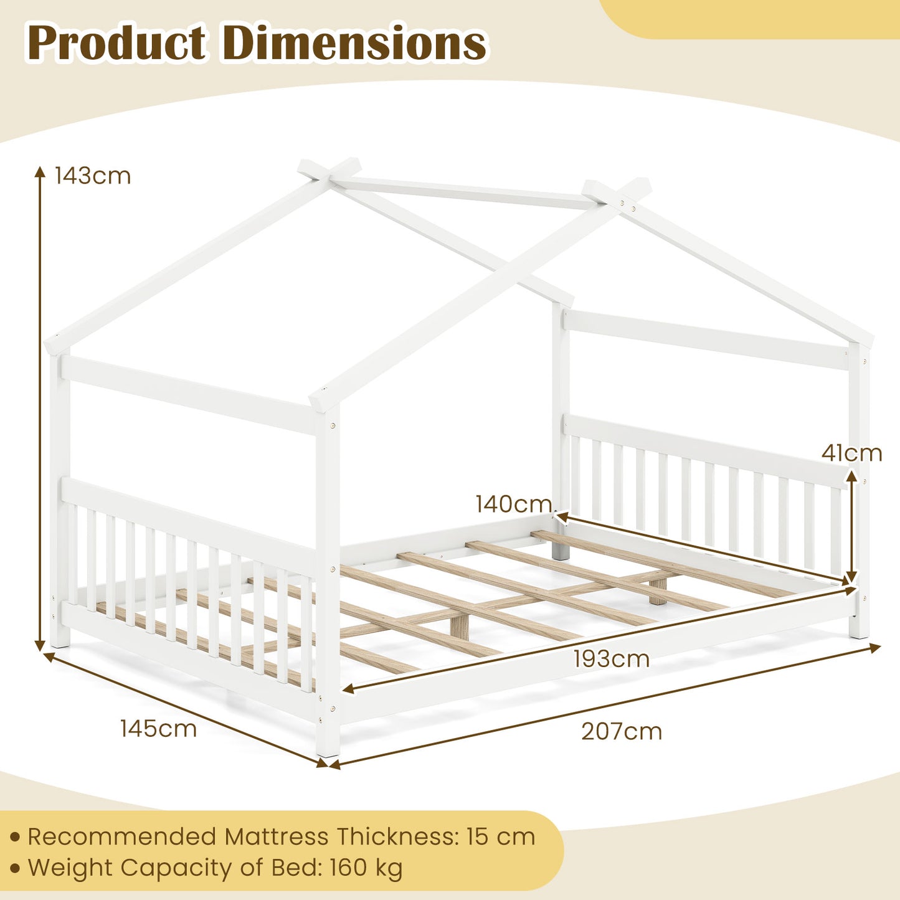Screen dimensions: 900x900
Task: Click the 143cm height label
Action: point(93,176)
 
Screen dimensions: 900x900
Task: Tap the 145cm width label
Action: point(158,728)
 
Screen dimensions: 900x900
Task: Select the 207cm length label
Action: point(622,731)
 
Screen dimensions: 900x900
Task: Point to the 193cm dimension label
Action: point(612,659)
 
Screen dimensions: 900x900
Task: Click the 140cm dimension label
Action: point(514,504)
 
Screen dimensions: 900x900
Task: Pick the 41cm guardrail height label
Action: point(851,453)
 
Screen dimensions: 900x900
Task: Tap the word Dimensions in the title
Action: point(354,44)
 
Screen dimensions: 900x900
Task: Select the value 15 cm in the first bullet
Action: point(500,836)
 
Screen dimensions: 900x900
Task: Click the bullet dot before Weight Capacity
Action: point(15,868)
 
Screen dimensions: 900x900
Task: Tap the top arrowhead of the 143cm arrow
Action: point(40,171)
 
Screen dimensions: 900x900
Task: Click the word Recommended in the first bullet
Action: point(122,836)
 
